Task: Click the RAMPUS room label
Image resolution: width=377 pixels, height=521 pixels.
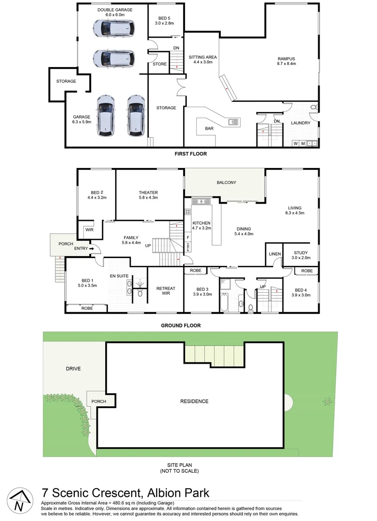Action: coord(286,59)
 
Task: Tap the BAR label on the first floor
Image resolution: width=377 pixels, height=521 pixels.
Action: coord(209,129)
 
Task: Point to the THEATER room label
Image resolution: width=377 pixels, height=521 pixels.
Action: coord(148,192)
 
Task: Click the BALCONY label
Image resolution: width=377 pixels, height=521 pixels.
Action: coord(226,182)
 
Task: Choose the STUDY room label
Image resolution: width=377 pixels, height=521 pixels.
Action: coord(299,252)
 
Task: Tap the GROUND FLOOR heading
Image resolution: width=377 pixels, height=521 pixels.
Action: coord(181,326)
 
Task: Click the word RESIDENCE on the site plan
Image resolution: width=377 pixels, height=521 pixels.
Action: coord(194,401)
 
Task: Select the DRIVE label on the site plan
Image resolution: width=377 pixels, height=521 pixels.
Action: coord(73,369)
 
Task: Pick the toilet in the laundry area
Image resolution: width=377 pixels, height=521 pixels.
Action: coord(312,107)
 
